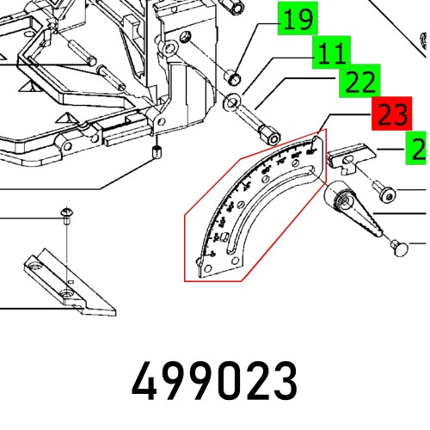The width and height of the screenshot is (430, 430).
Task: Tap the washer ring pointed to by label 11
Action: [x=232, y=105]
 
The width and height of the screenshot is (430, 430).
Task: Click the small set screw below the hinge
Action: [x=157, y=154]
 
